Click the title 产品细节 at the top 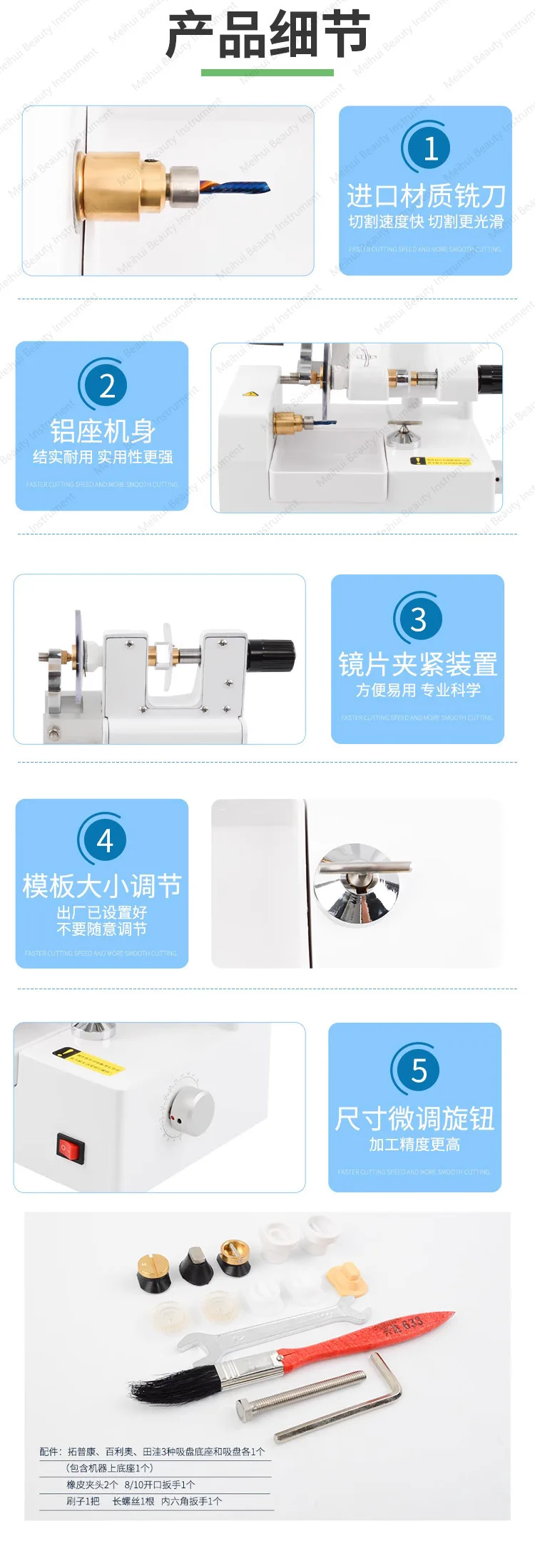tap(267, 34)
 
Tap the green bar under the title tap(267, 72)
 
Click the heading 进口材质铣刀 tap(426, 195)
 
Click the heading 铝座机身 tap(102, 431)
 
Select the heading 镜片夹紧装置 tap(418, 664)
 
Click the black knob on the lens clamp tap(271, 656)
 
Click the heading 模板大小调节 tap(102, 886)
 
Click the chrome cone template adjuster tap(355, 884)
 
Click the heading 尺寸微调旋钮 tap(414, 1118)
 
